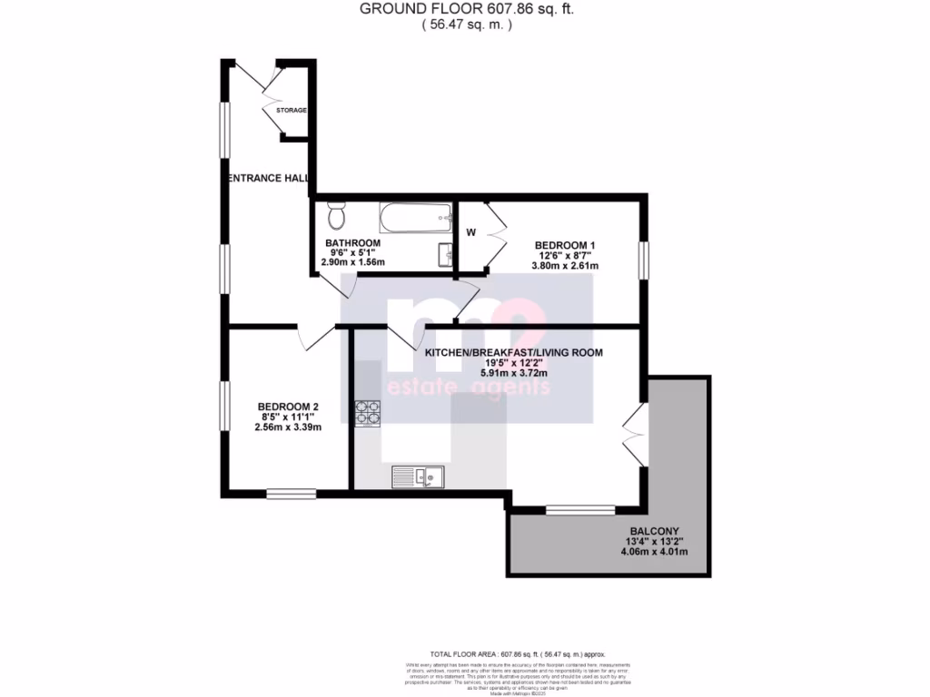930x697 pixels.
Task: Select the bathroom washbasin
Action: pos(445,252)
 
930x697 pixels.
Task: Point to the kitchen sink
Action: pos(417,475)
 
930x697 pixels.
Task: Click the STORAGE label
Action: pos(292,111)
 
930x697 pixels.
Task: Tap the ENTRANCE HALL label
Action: pos(268,179)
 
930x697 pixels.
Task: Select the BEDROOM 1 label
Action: pos(564,245)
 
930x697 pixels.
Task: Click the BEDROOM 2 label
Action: pos(288,407)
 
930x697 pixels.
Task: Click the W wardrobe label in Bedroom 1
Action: pos(470,232)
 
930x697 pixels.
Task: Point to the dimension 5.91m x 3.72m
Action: pos(514,373)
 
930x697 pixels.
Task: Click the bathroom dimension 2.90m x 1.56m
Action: pos(353,262)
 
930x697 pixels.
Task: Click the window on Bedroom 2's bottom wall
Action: pos(291,494)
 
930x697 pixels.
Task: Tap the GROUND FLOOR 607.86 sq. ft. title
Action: pos(467,9)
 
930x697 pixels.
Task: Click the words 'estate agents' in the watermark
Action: pos(468,388)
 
